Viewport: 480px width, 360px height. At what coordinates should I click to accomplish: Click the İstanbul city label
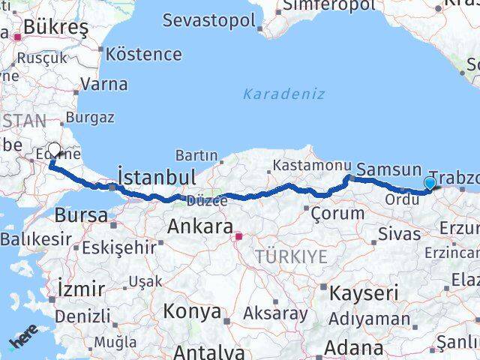tap(157, 178)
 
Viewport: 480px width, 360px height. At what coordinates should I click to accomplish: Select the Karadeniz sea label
tap(284, 94)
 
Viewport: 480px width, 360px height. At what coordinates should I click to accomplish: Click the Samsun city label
tap(388, 169)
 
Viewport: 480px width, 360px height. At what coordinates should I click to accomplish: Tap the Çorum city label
tap(338, 212)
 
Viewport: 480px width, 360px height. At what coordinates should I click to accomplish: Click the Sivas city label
tap(399, 234)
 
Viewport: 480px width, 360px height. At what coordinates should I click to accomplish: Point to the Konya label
tap(192, 311)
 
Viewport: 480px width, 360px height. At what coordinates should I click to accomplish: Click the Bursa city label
tap(81, 215)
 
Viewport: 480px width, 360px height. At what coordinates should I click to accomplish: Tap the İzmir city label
tap(81, 289)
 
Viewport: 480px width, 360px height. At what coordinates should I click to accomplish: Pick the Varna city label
tap(103, 84)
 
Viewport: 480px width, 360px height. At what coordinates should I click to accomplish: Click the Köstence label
tap(144, 54)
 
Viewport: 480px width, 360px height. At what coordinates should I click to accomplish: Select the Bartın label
tap(196, 155)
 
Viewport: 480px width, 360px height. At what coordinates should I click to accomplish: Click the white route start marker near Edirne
tap(55, 151)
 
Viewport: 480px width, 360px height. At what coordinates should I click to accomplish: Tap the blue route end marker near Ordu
tap(430, 183)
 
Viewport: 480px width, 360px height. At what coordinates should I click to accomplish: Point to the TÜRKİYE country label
tap(291, 256)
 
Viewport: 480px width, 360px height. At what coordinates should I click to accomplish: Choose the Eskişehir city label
tap(118, 246)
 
